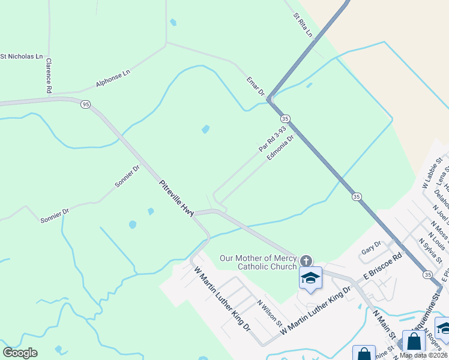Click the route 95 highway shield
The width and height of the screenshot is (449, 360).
click(85, 104)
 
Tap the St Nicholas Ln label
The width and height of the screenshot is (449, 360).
click(22, 57)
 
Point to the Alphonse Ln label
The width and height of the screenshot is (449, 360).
click(113, 79)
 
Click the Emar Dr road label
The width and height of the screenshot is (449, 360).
click(255, 86)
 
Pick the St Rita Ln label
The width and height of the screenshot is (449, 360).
click(303, 25)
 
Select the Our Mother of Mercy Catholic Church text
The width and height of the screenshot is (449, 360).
click(258, 262)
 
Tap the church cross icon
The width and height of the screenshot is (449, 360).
click(306, 260)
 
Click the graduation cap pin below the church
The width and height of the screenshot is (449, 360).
click(310, 278)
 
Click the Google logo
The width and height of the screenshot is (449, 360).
click(20, 353)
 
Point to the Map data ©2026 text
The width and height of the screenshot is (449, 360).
click(423, 355)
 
